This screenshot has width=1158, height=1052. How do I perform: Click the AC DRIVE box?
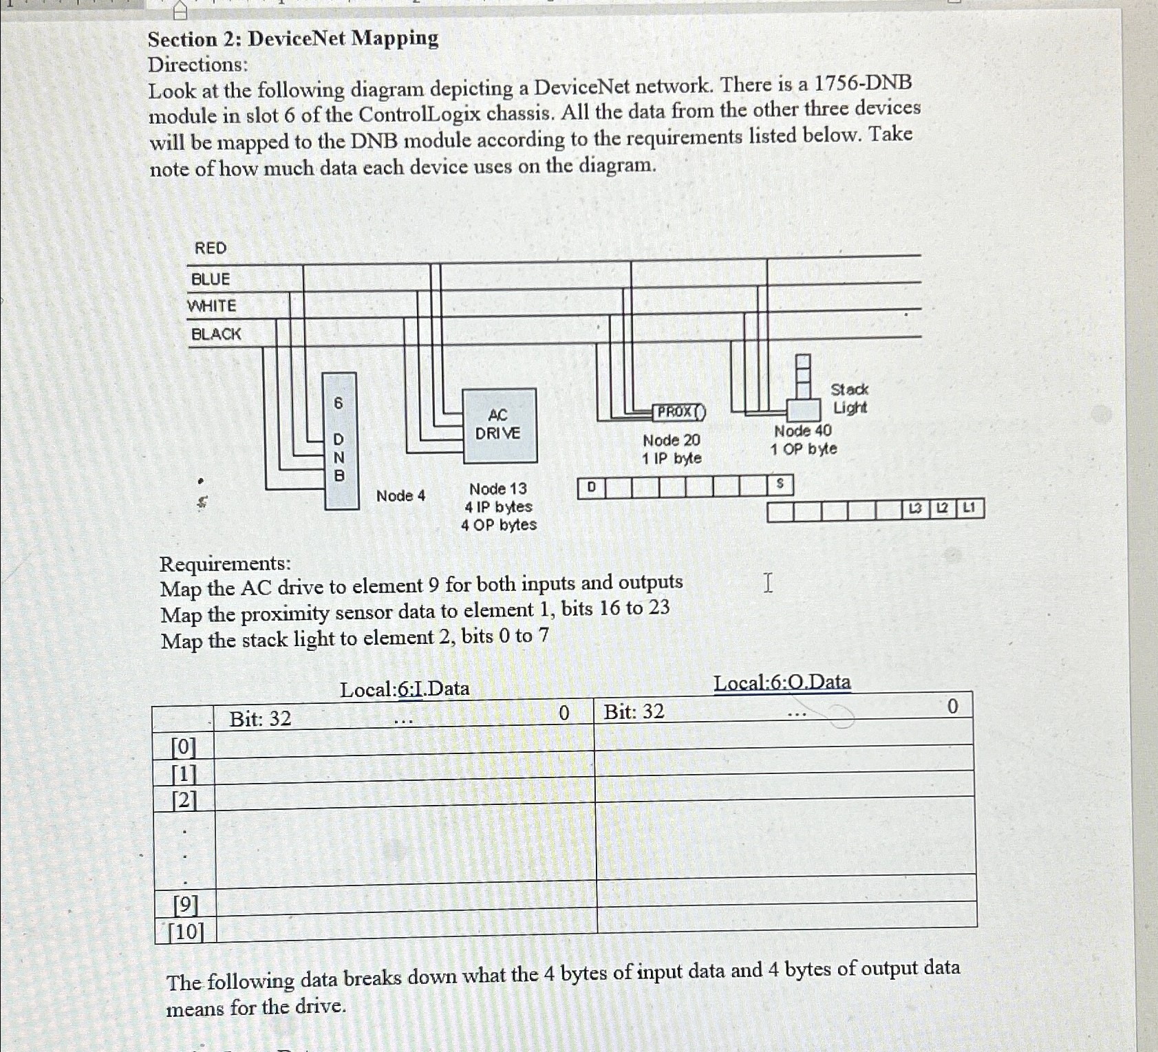[499, 425]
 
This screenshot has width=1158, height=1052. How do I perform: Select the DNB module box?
[340, 440]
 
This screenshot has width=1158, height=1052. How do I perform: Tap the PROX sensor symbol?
[678, 412]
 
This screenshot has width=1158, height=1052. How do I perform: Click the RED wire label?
[210, 248]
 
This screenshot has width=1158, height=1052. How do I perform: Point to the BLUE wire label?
[211, 279]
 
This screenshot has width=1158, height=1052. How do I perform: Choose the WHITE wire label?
[212, 305]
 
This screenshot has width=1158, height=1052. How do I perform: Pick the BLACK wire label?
[216, 334]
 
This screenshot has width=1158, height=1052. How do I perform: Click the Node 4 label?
[400, 495]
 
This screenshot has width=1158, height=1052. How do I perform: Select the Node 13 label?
[497, 489]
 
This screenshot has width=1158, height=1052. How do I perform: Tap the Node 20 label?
[671, 440]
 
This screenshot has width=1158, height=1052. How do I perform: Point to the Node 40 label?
[802, 431]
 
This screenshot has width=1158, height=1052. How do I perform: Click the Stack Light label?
[850, 398]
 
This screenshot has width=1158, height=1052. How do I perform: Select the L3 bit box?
[915, 508]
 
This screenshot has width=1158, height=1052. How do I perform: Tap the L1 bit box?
[969, 508]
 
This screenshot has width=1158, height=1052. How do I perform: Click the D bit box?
[591, 487]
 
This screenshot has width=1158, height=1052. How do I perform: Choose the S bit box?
[780, 484]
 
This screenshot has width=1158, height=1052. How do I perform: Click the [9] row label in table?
[185, 904]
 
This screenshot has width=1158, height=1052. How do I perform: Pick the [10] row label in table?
[186, 932]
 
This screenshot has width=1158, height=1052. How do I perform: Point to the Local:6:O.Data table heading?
[782, 683]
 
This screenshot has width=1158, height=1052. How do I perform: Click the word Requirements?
[225, 563]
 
